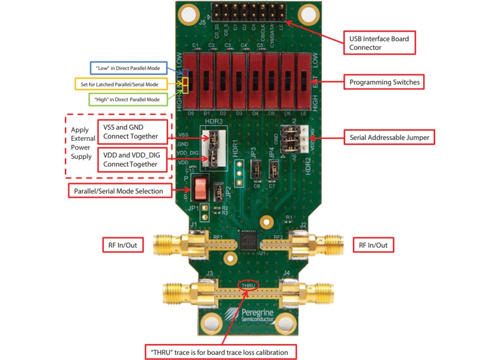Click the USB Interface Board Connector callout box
click(x=379, y=43)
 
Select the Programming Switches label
click(x=384, y=82)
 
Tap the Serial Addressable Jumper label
click(x=389, y=137)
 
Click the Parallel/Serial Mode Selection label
click(x=119, y=191)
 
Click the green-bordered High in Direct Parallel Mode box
click(x=125, y=99)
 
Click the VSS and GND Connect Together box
click(x=132, y=132)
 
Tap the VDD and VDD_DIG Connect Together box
click(x=132, y=160)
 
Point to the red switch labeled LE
click(x=303, y=82)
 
